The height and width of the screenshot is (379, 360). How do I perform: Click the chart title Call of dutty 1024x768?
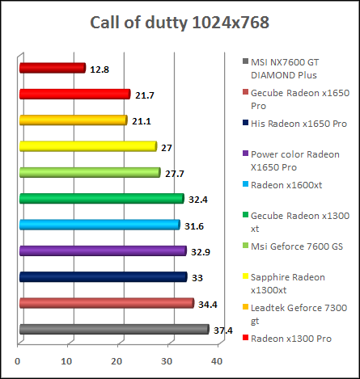click(180, 22)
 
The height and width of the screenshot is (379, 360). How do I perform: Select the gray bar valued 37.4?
click(113, 329)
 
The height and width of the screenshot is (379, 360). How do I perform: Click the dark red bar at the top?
click(52, 68)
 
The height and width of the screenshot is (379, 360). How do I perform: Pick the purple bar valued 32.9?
click(102, 251)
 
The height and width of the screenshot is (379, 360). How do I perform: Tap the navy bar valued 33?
click(103, 277)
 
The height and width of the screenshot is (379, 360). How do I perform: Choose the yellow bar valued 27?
click(87, 146)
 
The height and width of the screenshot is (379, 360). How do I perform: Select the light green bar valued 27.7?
click(89, 172)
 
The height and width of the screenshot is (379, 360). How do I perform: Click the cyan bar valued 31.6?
click(99, 225)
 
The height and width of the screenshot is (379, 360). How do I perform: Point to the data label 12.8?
click(99, 69)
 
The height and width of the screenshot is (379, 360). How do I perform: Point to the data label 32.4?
click(198, 199)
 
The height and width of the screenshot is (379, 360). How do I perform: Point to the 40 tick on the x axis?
click(217, 361)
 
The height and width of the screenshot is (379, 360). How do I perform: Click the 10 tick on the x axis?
click(67, 361)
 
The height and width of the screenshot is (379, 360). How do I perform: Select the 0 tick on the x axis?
click(18, 361)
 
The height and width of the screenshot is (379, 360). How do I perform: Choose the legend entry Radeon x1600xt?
click(286, 184)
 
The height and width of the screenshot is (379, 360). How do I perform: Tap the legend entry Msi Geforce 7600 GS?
click(295, 246)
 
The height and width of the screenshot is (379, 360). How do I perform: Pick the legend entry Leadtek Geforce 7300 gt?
click(293, 314)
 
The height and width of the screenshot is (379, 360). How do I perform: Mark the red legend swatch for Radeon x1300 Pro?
click(244, 339)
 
